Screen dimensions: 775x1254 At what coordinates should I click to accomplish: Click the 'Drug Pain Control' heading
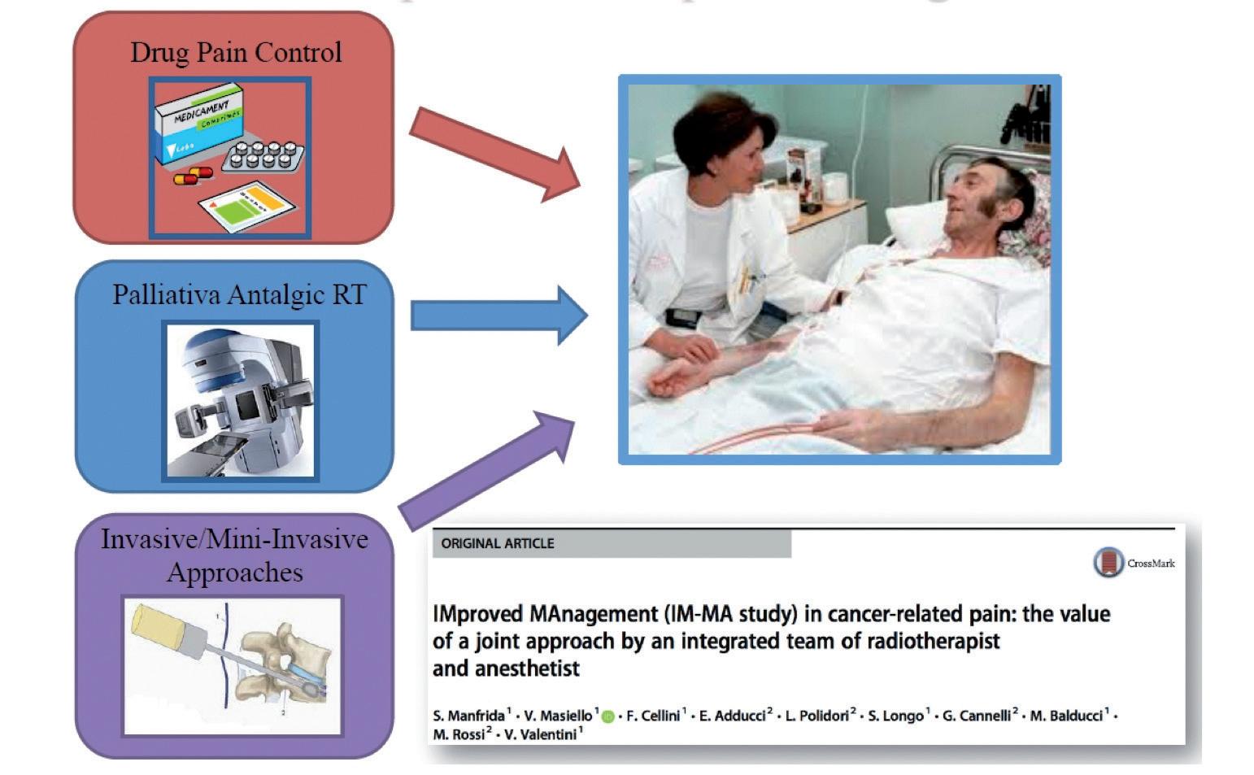coord(236,53)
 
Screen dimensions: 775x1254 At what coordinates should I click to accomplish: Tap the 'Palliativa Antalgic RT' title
coord(239,294)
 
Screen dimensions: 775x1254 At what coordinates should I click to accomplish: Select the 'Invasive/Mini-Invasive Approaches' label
coord(234,555)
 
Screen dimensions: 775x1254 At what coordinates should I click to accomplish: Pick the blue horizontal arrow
coord(497,315)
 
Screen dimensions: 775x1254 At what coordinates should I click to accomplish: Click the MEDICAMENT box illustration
coord(200,124)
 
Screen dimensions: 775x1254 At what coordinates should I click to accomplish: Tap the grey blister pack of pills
coord(263,155)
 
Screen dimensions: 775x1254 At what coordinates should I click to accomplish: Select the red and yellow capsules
coord(194,176)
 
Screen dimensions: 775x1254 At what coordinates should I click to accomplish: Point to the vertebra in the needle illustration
coord(281,663)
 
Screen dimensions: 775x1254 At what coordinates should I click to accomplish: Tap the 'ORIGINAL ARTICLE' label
coord(498,543)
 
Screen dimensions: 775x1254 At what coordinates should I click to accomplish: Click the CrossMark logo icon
coord(1108,562)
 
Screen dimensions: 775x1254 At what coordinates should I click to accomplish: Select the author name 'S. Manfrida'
coord(468,716)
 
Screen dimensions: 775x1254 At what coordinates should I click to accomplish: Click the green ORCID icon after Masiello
coord(607,717)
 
